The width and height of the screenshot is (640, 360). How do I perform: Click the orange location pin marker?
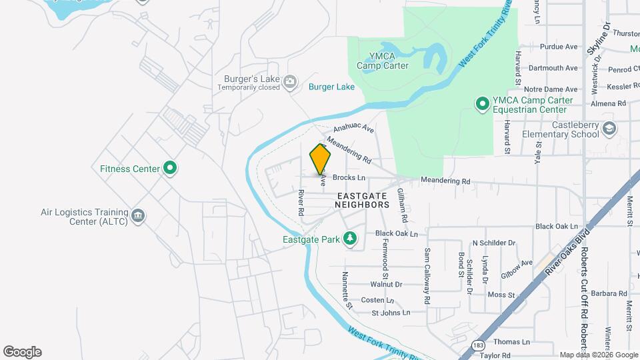coord(321,160)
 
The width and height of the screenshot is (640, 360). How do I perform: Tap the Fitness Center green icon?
coord(170,169)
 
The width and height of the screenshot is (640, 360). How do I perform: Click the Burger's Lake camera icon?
coord(290,82)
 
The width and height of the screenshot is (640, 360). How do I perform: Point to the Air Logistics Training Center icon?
coord(138,216)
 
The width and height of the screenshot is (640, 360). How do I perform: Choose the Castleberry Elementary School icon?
coord(609,129)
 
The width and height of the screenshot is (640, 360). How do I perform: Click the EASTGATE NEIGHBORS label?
coord(363,200)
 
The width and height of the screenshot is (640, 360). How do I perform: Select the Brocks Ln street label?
coord(349,178)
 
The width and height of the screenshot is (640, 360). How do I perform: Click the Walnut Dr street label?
coord(386,284)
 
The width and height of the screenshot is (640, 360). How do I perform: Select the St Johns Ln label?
coord(390,312)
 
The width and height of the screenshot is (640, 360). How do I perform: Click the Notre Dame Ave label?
coord(551,89)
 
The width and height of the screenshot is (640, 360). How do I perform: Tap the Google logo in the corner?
coord(22,352)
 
